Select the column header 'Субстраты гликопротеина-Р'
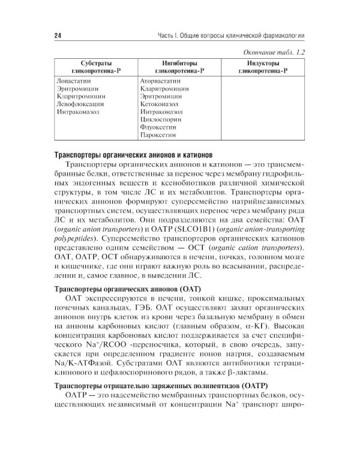(91, 67)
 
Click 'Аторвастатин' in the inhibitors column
(160, 79)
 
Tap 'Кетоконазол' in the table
(159, 103)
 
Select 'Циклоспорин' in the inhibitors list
(159, 119)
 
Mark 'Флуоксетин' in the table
(158, 127)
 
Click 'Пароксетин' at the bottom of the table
(158, 136)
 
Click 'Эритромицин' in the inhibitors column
(160, 95)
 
